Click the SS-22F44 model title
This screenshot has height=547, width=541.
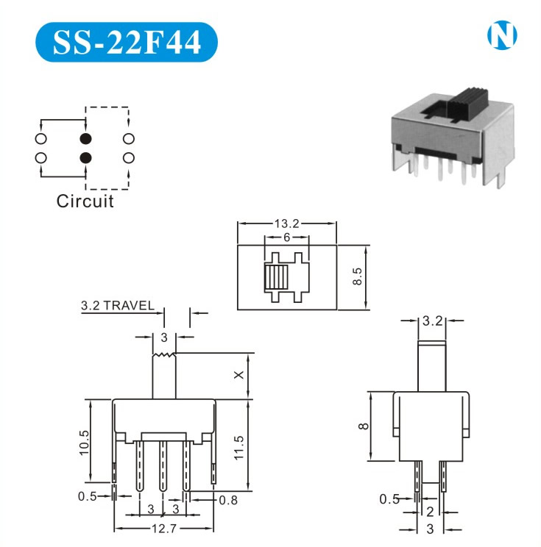tap(127, 42)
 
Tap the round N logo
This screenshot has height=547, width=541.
tap(502, 35)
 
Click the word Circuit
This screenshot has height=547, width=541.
tap(85, 201)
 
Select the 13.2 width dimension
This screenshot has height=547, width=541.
tap(287, 224)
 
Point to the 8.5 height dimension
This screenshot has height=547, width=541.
tap(357, 276)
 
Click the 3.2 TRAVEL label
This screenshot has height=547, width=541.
tap(117, 306)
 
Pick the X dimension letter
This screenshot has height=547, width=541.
tap(239, 375)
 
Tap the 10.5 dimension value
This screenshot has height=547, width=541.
tap(84, 443)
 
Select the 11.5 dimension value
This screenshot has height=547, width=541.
tap(239, 448)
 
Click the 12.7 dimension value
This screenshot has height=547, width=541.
tap(164, 529)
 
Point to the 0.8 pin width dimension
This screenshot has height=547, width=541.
tap(228, 500)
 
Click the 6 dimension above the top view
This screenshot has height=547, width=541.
tap(287, 237)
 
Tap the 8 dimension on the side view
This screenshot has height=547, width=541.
tap(364, 426)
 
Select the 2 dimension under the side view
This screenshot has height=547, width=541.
tap(430, 512)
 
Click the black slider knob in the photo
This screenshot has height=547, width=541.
tap(467, 103)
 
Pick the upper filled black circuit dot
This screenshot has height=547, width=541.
tap(85, 139)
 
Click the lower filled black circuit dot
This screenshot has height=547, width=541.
tap(85, 157)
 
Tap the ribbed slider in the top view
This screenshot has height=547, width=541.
tap(276, 277)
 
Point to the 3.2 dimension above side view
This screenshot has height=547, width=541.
tap(432, 321)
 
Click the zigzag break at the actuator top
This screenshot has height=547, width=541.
tap(164, 355)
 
